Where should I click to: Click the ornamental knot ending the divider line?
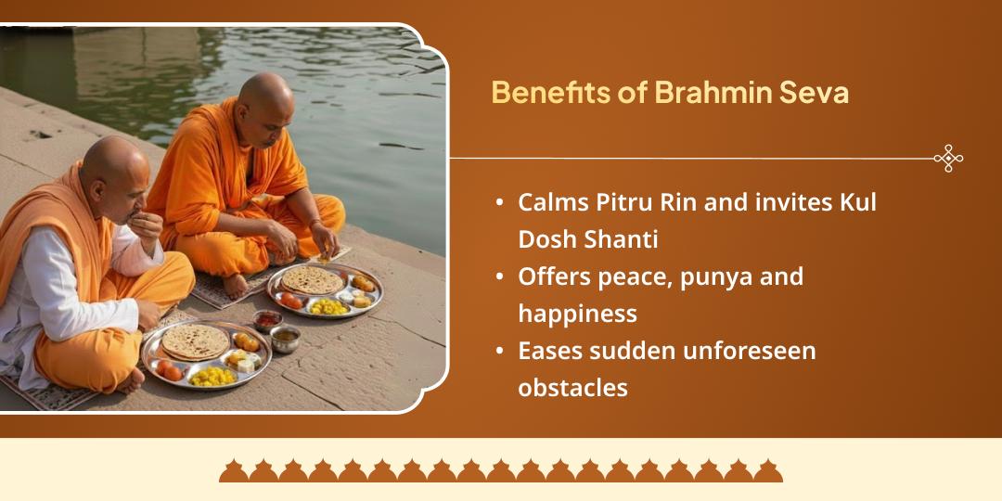[947, 159]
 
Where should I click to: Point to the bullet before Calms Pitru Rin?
[501, 203]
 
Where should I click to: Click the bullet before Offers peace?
[501, 277]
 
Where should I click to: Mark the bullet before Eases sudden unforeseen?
[501, 352]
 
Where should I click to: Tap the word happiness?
[577, 314]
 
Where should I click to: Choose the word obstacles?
[572, 388]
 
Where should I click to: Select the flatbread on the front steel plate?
[195, 341]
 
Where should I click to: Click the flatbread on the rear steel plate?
[313, 279]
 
